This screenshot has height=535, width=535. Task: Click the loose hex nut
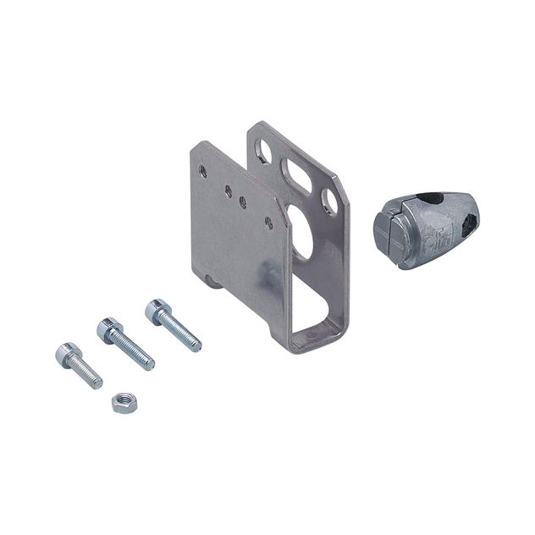(122, 401)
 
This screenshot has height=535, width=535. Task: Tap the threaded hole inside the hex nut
(122, 400)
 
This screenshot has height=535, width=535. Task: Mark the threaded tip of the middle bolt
(150, 366)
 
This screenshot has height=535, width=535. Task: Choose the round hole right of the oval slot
(330, 201)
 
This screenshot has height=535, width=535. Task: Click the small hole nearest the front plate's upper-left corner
(202, 170)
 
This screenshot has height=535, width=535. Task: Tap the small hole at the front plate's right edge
(268, 223)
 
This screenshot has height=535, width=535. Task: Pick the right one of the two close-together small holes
(243, 202)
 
